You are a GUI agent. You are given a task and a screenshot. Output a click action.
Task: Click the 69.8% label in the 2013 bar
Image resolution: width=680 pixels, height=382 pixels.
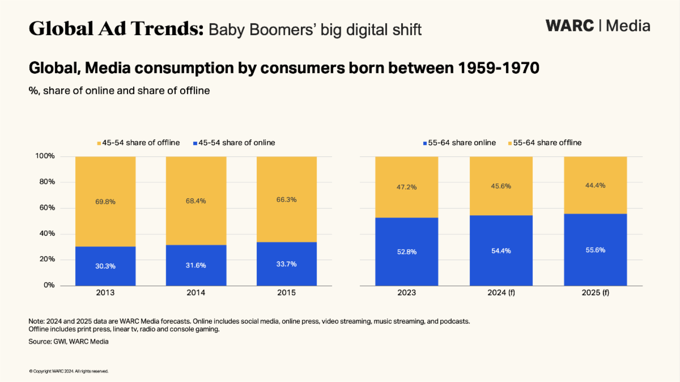click(x=105, y=201)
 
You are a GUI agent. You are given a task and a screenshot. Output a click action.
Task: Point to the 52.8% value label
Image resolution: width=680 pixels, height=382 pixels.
click(x=407, y=252)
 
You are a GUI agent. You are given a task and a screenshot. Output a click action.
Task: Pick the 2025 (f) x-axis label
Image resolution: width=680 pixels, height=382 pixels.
click(x=596, y=293)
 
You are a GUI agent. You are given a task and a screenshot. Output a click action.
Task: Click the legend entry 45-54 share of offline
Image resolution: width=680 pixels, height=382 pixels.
click(x=139, y=143)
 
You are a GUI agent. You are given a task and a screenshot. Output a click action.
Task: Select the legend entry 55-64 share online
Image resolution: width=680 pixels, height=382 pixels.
click(x=460, y=143)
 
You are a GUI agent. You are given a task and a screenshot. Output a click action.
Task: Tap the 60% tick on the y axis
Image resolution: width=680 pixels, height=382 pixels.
click(x=45, y=208)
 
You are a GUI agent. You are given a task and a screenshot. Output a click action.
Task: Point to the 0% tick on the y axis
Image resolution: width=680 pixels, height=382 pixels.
click(x=48, y=286)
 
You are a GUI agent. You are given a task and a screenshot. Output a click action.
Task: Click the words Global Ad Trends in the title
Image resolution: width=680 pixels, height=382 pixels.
click(x=116, y=28)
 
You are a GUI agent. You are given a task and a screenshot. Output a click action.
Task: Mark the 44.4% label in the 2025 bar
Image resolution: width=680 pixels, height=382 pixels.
click(x=596, y=185)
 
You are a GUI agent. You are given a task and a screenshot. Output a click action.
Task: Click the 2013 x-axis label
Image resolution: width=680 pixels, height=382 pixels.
click(x=105, y=293)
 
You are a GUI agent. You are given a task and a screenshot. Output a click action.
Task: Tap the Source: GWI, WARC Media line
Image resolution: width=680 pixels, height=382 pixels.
click(x=69, y=342)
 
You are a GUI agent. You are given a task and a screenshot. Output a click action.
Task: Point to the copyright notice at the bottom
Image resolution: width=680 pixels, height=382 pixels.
click(x=69, y=371)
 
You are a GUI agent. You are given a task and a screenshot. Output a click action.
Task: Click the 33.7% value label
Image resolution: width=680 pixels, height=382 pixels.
click(x=287, y=264)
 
